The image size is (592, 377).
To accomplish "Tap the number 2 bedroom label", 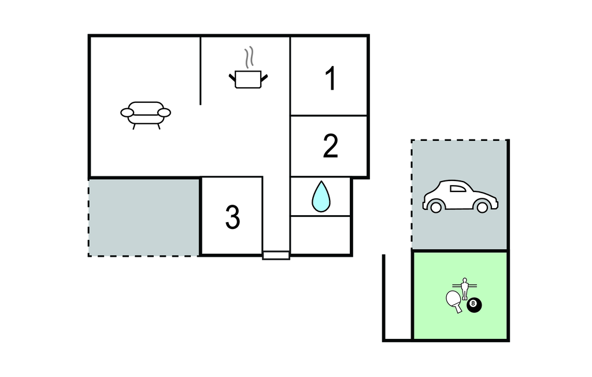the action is coord(330,146).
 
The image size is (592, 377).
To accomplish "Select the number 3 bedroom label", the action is coord(232,217).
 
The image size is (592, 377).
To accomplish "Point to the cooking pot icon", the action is coord(248,79).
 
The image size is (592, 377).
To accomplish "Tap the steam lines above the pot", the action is coord(248,57).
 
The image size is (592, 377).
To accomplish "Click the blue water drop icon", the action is coord(321,197).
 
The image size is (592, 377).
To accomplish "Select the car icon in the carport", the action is coord(460,196).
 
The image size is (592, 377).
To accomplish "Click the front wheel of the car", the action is coord(482,206).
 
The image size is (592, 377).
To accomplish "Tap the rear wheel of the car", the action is coord(436,206).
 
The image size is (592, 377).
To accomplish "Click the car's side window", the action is coord(458,188).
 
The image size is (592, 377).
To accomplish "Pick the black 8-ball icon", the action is coord(474,305).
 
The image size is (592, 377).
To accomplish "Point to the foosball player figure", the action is coord(465,288).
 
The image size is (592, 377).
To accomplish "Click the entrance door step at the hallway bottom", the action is coord(276,256).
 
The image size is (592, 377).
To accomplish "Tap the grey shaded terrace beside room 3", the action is coord(144,217).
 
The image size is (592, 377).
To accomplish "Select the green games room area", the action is coord(460,295).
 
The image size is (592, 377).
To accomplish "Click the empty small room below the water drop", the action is coord(320,235).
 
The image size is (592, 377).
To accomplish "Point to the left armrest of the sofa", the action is coord(127,113).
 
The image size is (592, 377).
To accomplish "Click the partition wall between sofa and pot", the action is coord(200,71).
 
